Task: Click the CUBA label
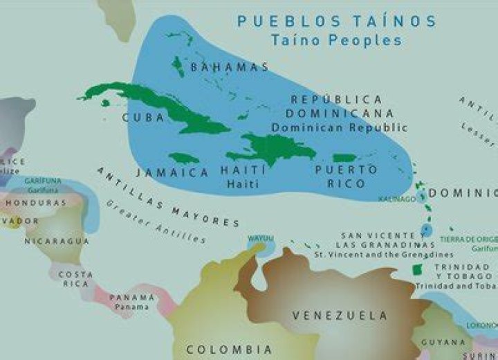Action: click(x=143, y=118)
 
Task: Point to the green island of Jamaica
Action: click(x=184, y=158)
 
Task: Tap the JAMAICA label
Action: click(x=172, y=172)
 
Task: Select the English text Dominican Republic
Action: click(x=339, y=127)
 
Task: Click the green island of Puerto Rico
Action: click(x=344, y=158)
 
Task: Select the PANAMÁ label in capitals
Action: click(x=132, y=297)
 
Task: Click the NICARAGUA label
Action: click(x=57, y=241)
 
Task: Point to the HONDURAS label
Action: click(x=36, y=203)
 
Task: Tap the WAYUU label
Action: click(x=261, y=239)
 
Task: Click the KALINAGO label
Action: click(x=397, y=199)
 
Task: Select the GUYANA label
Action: click(x=443, y=342)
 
